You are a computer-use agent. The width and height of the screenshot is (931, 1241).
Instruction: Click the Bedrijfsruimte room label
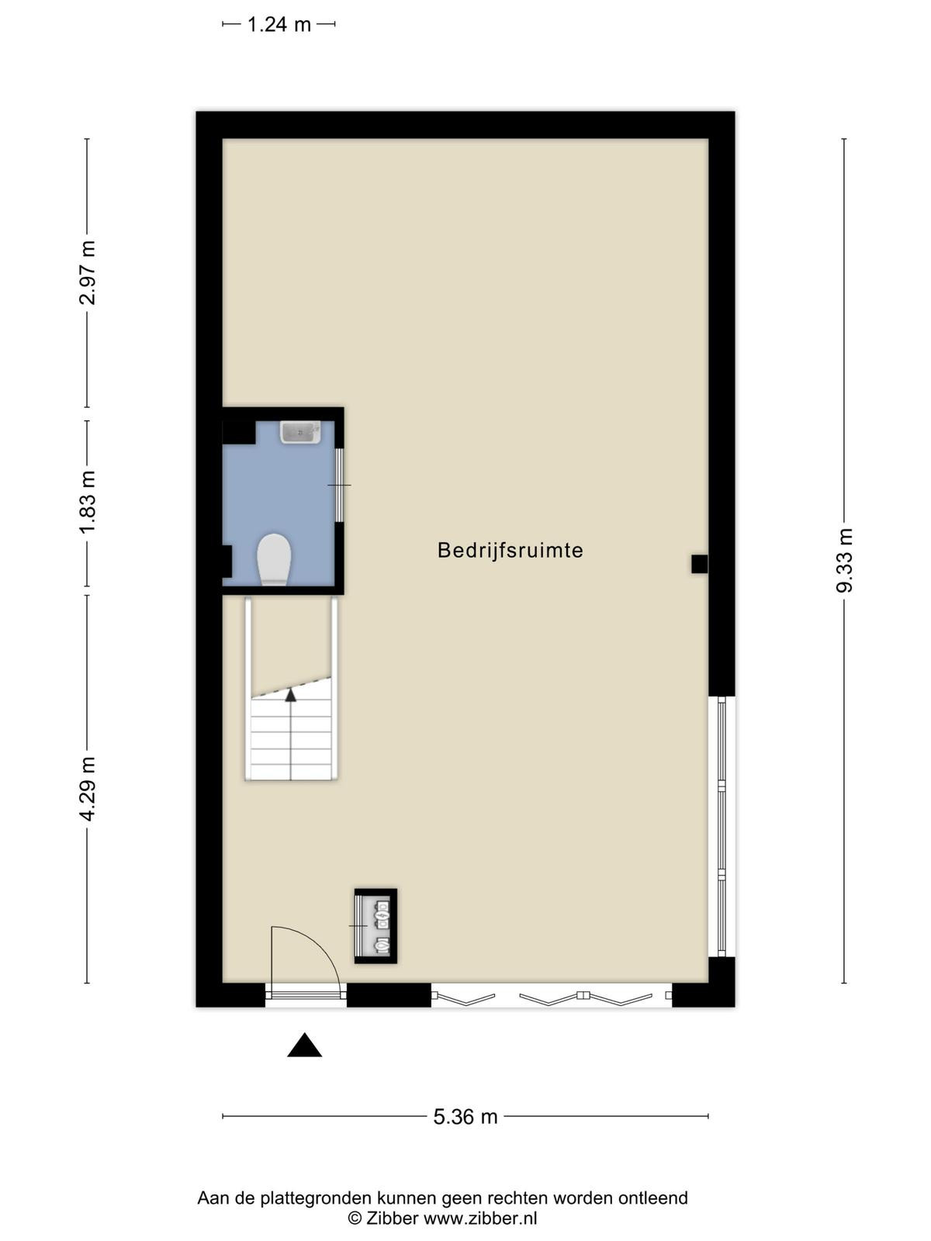(510, 550)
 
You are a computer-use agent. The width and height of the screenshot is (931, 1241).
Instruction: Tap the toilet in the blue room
(274, 559)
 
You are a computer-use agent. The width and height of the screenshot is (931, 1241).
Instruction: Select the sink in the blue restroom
(300, 432)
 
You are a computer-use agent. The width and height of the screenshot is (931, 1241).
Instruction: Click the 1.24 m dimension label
(279, 24)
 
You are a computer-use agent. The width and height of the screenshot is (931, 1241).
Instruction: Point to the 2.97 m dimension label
(88, 272)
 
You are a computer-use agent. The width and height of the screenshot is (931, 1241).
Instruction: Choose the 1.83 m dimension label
(88, 502)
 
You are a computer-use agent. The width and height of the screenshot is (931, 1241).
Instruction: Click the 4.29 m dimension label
(88, 790)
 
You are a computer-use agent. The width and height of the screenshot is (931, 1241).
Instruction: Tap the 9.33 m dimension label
(845, 560)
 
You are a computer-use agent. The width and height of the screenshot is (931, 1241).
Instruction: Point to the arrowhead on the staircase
(290, 695)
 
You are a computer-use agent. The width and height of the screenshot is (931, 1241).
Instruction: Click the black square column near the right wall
(699, 564)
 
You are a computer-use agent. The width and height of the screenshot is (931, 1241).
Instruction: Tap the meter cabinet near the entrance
(376, 926)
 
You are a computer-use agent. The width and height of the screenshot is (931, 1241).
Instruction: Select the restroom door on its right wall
(339, 485)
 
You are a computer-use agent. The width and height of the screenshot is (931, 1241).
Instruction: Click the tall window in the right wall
(722, 827)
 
